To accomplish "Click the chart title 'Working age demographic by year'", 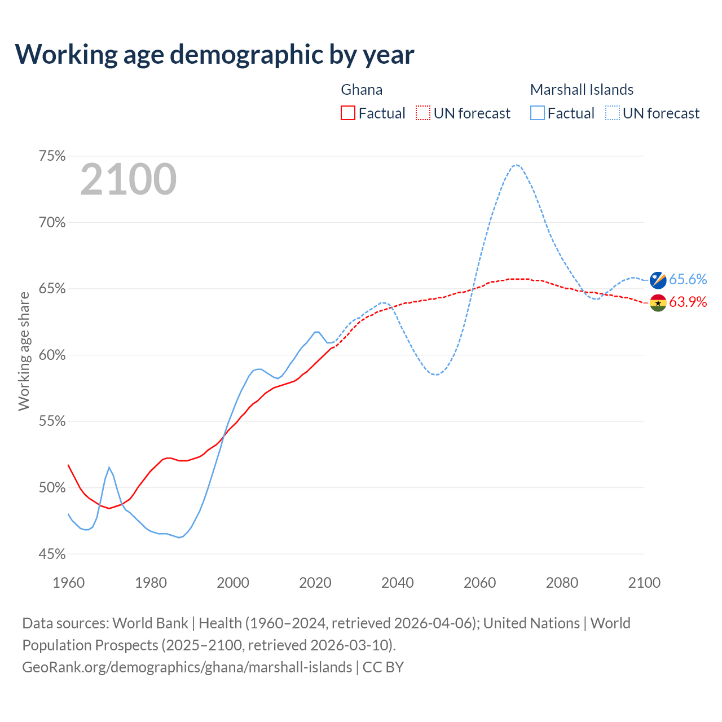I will tap(214, 55).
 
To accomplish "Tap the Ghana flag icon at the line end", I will tap(658, 302).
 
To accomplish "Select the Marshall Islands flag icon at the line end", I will tap(658, 280).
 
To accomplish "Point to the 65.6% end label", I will tap(688, 280).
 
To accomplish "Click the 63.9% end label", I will tap(688, 302).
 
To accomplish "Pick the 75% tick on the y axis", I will tap(52, 156).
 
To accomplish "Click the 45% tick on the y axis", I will tap(52, 554).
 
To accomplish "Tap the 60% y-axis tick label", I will tap(52, 355).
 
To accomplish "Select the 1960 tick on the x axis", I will tap(68, 583).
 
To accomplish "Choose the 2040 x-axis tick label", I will tap(397, 583).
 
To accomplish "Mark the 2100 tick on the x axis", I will tap(644, 583).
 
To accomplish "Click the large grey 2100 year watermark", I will tap(129, 179).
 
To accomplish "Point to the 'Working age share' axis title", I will tap(24, 351).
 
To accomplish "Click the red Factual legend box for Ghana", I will tap(348, 113).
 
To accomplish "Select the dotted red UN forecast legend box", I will tap(423, 113).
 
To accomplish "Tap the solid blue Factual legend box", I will tap(538, 113).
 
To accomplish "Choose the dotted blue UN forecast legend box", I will tap(613, 113).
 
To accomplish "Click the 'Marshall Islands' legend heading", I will tap(582, 90).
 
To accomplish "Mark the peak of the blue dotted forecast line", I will tap(516, 165).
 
